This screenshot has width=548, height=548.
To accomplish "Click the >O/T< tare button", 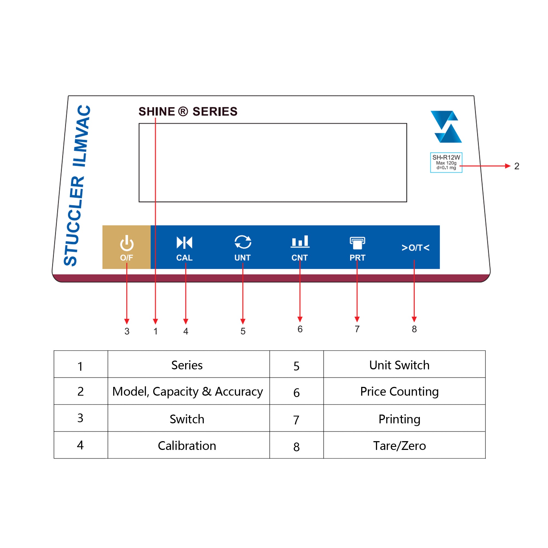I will pyautogui.click(x=415, y=248).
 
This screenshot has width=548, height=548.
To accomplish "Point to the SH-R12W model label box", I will pyautogui.click(x=446, y=162).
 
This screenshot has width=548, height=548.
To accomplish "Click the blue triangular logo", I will pyautogui.click(x=446, y=127).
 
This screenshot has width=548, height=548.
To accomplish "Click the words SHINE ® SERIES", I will pyautogui.click(x=188, y=112).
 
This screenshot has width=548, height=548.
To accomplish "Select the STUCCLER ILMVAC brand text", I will pyautogui.click(x=77, y=186).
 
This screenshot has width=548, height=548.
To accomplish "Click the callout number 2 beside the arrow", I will pyautogui.click(x=517, y=166).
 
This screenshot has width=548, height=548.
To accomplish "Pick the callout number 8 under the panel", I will pyautogui.click(x=414, y=329).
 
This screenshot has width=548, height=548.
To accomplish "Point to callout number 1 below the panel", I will pyautogui.click(x=155, y=331).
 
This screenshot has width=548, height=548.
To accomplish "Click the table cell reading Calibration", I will pyautogui.click(x=187, y=446).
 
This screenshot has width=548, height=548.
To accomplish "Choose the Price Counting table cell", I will pyautogui.click(x=399, y=392).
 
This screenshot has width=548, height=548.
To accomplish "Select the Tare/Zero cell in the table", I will pyautogui.click(x=399, y=446).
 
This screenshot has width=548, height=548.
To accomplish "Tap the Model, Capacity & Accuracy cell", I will pyautogui.click(x=187, y=392).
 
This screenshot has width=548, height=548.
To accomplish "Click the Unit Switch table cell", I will pyautogui.click(x=399, y=365).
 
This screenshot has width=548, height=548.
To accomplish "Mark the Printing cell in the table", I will pyautogui.click(x=399, y=419).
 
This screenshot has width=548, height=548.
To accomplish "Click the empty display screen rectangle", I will pyautogui.click(x=273, y=162).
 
